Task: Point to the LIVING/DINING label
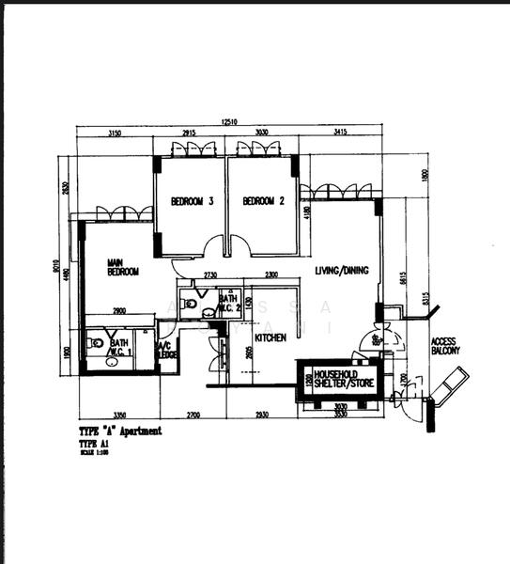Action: (x=341, y=271)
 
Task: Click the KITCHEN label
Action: (x=270, y=337)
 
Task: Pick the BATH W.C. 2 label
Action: (x=230, y=303)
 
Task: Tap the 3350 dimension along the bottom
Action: (x=119, y=415)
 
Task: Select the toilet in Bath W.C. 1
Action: (x=96, y=343)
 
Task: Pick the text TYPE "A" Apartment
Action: (x=120, y=431)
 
